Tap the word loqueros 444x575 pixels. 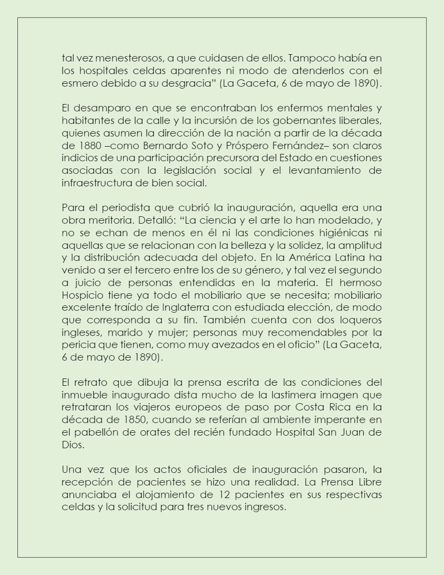point(356,320)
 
